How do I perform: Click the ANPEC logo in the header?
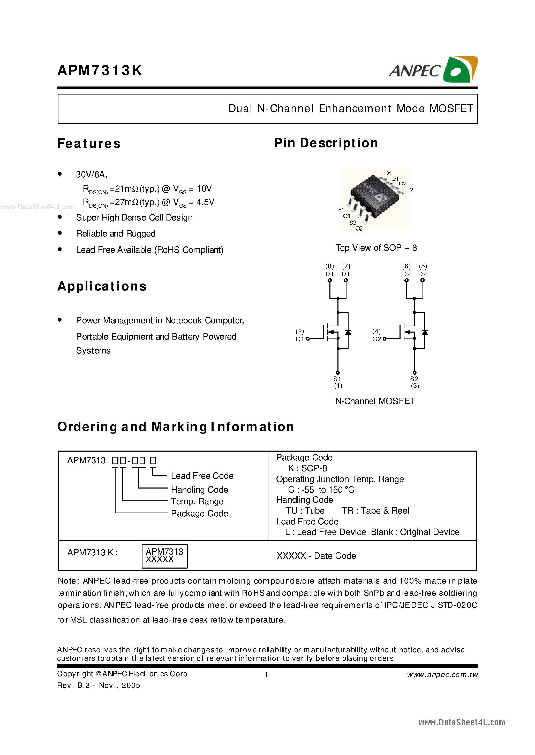coord(433,69)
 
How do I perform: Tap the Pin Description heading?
coord(326,143)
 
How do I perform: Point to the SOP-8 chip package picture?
coord(375,198)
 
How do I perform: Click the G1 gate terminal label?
coord(299,339)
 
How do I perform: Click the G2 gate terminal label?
coord(376,339)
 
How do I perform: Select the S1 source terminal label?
coord(337,379)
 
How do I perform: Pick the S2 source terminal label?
coord(414,379)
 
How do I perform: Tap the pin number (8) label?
coord(329,266)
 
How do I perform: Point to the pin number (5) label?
coord(423,266)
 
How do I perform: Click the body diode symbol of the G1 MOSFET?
coord(348,333)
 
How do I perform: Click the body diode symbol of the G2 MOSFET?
coord(425,333)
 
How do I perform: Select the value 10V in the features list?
coord(204,189)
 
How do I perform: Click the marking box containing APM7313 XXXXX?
coord(164,556)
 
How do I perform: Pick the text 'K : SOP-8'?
coord(307,468)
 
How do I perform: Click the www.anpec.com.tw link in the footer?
coord(442,674)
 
